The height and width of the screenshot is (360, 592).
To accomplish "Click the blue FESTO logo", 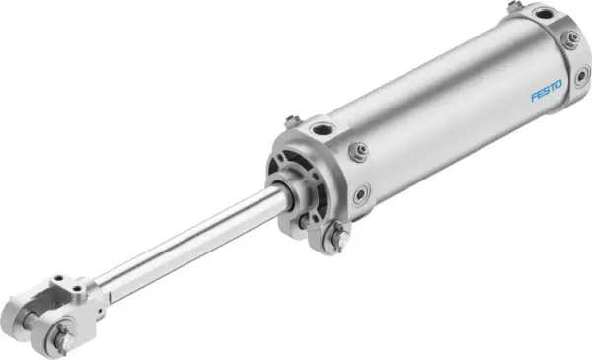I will [547, 95].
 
